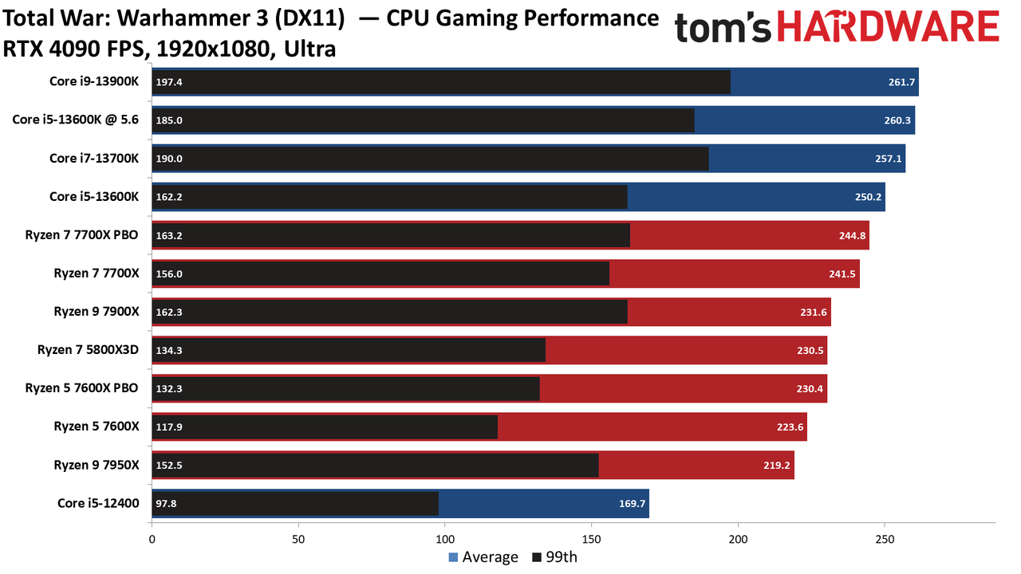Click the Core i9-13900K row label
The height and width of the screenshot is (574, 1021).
(x=94, y=81)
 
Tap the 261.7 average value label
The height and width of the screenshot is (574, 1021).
(x=901, y=82)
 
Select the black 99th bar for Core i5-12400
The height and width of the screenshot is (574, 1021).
(x=295, y=503)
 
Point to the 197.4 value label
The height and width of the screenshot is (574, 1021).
(x=169, y=82)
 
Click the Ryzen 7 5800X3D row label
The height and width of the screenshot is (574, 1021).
(x=88, y=350)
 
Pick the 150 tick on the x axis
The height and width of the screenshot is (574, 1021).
(x=591, y=540)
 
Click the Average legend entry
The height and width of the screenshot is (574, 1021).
(x=483, y=557)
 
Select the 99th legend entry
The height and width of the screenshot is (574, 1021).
(x=554, y=557)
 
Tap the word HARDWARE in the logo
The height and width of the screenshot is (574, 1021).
(x=889, y=26)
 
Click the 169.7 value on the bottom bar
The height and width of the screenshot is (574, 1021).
(x=632, y=503)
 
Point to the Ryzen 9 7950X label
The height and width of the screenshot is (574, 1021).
(x=97, y=465)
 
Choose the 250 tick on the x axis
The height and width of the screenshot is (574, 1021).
(x=885, y=540)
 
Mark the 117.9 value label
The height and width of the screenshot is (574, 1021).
(x=169, y=427)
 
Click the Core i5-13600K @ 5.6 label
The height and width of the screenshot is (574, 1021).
(x=75, y=120)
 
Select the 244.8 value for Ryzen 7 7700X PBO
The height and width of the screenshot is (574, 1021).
(x=852, y=235)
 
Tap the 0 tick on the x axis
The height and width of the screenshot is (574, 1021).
(x=152, y=540)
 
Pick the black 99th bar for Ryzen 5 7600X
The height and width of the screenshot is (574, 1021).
(x=325, y=427)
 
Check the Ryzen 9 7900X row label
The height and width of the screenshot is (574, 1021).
(x=97, y=312)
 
